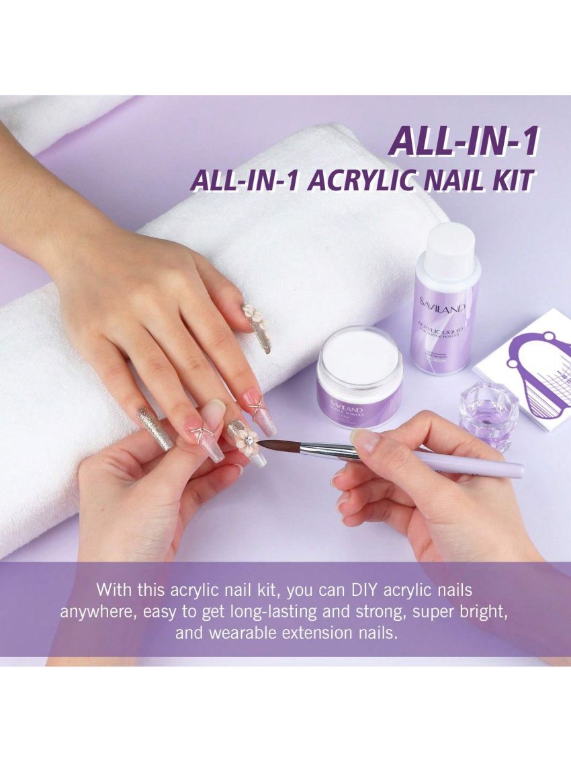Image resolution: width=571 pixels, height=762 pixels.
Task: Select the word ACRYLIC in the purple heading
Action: (349, 182)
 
